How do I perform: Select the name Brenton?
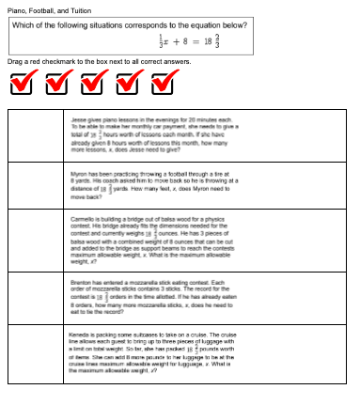(80, 281)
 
